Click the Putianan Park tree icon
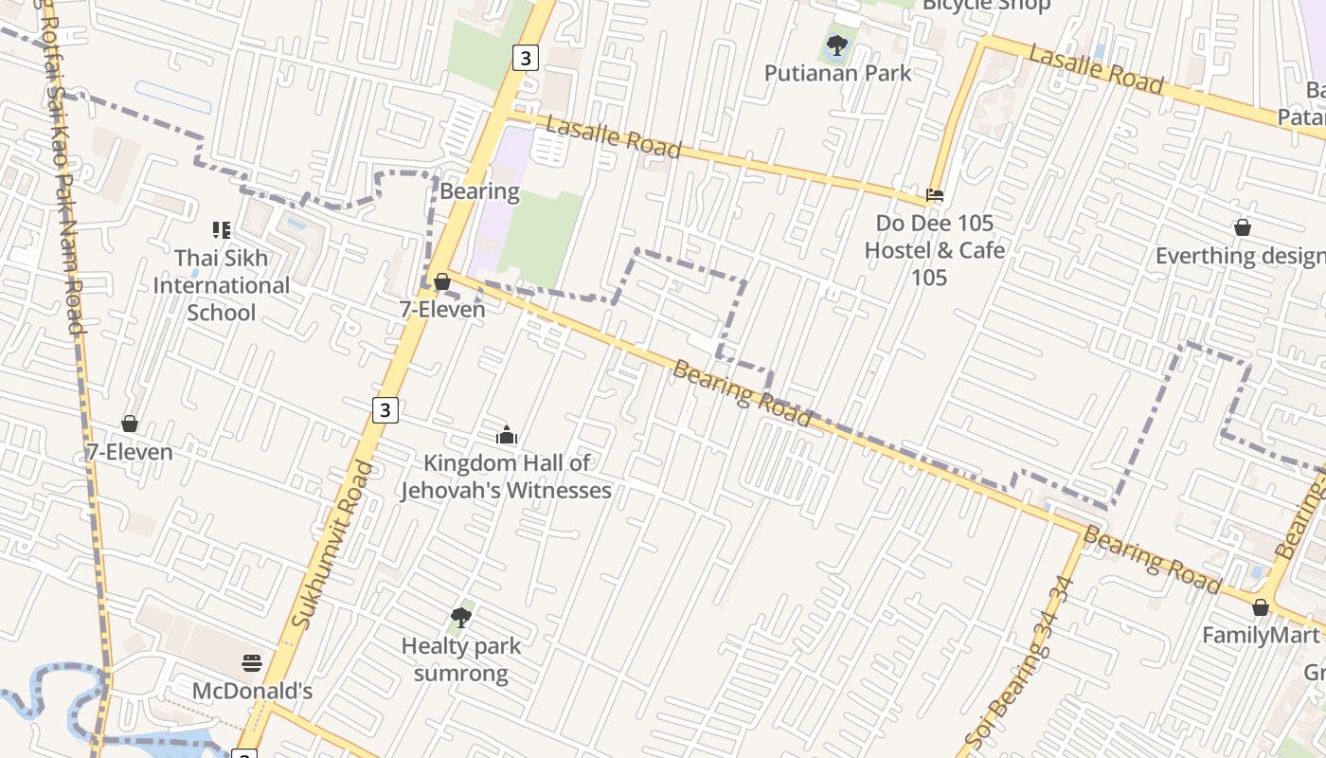tap(836, 45)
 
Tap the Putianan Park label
tap(837, 73)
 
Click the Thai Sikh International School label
tap(222, 285)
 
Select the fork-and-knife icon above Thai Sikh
tap(222, 229)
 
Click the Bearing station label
tap(479, 191)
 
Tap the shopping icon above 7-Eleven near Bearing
tap(442, 281)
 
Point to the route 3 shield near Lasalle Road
tap(526, 58)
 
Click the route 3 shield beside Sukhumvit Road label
tap(385, 410)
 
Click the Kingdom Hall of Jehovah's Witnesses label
tap(506, 477)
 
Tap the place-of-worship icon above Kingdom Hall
tap(507, 436)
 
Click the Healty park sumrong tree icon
tap(461, 618)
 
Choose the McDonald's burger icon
tap(252, 662)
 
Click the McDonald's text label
tap(252, 691)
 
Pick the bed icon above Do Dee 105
tap(935, 196)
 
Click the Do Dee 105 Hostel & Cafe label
tap(934, 250)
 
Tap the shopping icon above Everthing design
tap(1243, 227)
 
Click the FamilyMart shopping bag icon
tap(1261, 607)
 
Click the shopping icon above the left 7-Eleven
tap(130, 424)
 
